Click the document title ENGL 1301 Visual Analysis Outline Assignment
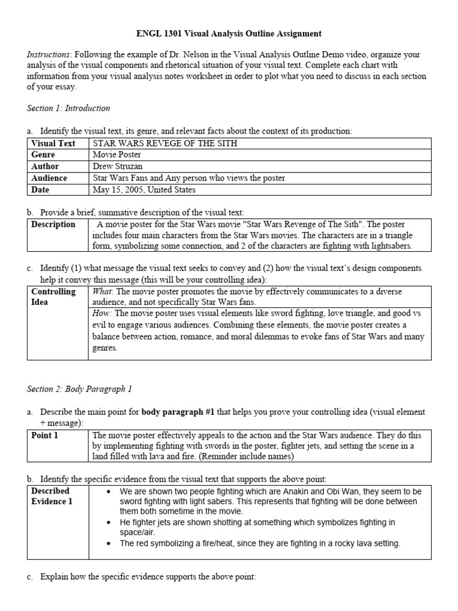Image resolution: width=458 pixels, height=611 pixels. pos(228,34)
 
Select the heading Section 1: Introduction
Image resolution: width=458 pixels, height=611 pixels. pos(69,108)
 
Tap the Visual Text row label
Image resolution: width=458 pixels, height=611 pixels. pos(53,143)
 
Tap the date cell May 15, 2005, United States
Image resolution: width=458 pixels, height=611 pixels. pos(144,190)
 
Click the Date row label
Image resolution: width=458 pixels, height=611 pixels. pos(41,190)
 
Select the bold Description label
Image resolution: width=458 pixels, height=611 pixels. pos(53,224)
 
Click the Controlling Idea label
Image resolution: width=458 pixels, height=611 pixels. pos(53,297)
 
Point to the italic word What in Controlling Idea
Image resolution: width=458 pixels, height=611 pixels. pos(102,292)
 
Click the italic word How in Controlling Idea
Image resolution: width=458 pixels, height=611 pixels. pos(101,313)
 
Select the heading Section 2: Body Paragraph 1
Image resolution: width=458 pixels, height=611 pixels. pos(79,389)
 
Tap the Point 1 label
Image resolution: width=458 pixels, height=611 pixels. pos(45,436)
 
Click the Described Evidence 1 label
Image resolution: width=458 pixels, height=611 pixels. pos(51,496)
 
